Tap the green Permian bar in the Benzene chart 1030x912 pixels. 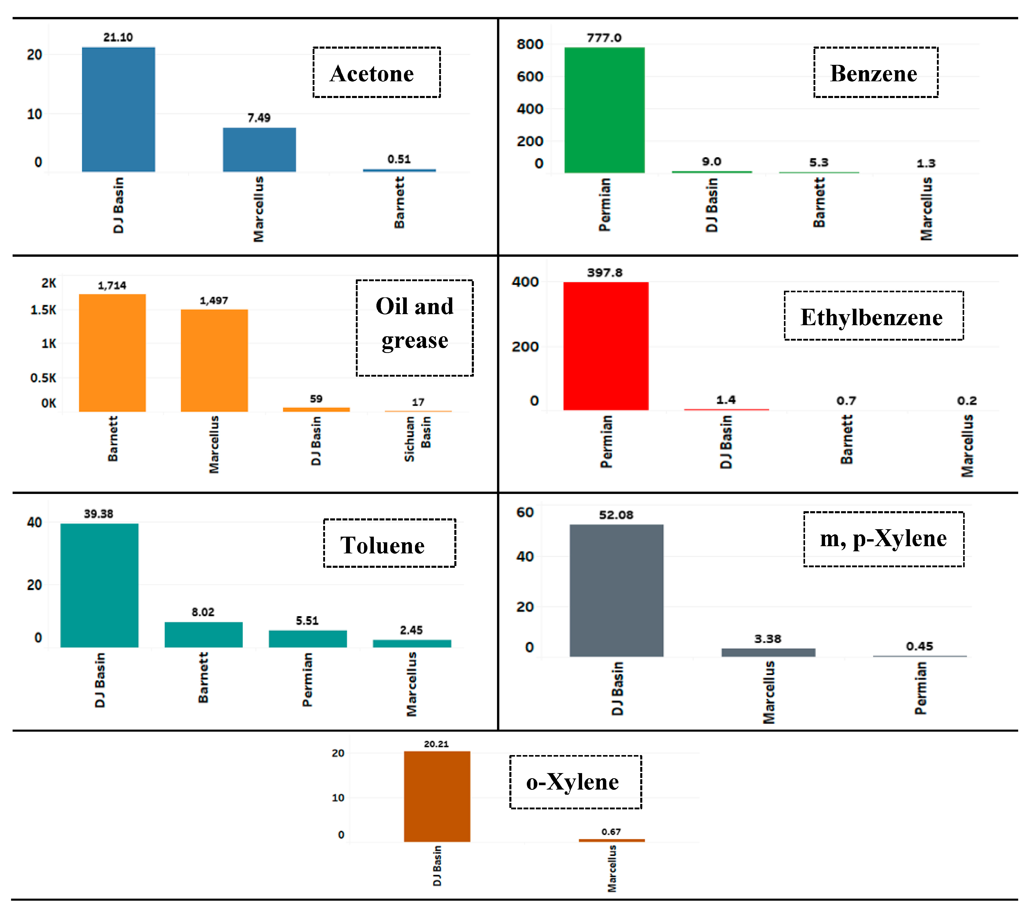click(x=604, y=110)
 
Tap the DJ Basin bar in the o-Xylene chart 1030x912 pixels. click(x=437, y=796)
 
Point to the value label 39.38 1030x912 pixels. click(x=98, y=514)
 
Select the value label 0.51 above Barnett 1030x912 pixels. click(x=399, y=159)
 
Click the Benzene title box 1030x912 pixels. click(x=875, y=73)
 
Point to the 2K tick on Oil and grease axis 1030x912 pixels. click(x=49, y=283)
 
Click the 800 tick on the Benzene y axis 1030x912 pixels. click(x=530, y=44)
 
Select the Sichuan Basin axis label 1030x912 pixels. click(x=417, y=439)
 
